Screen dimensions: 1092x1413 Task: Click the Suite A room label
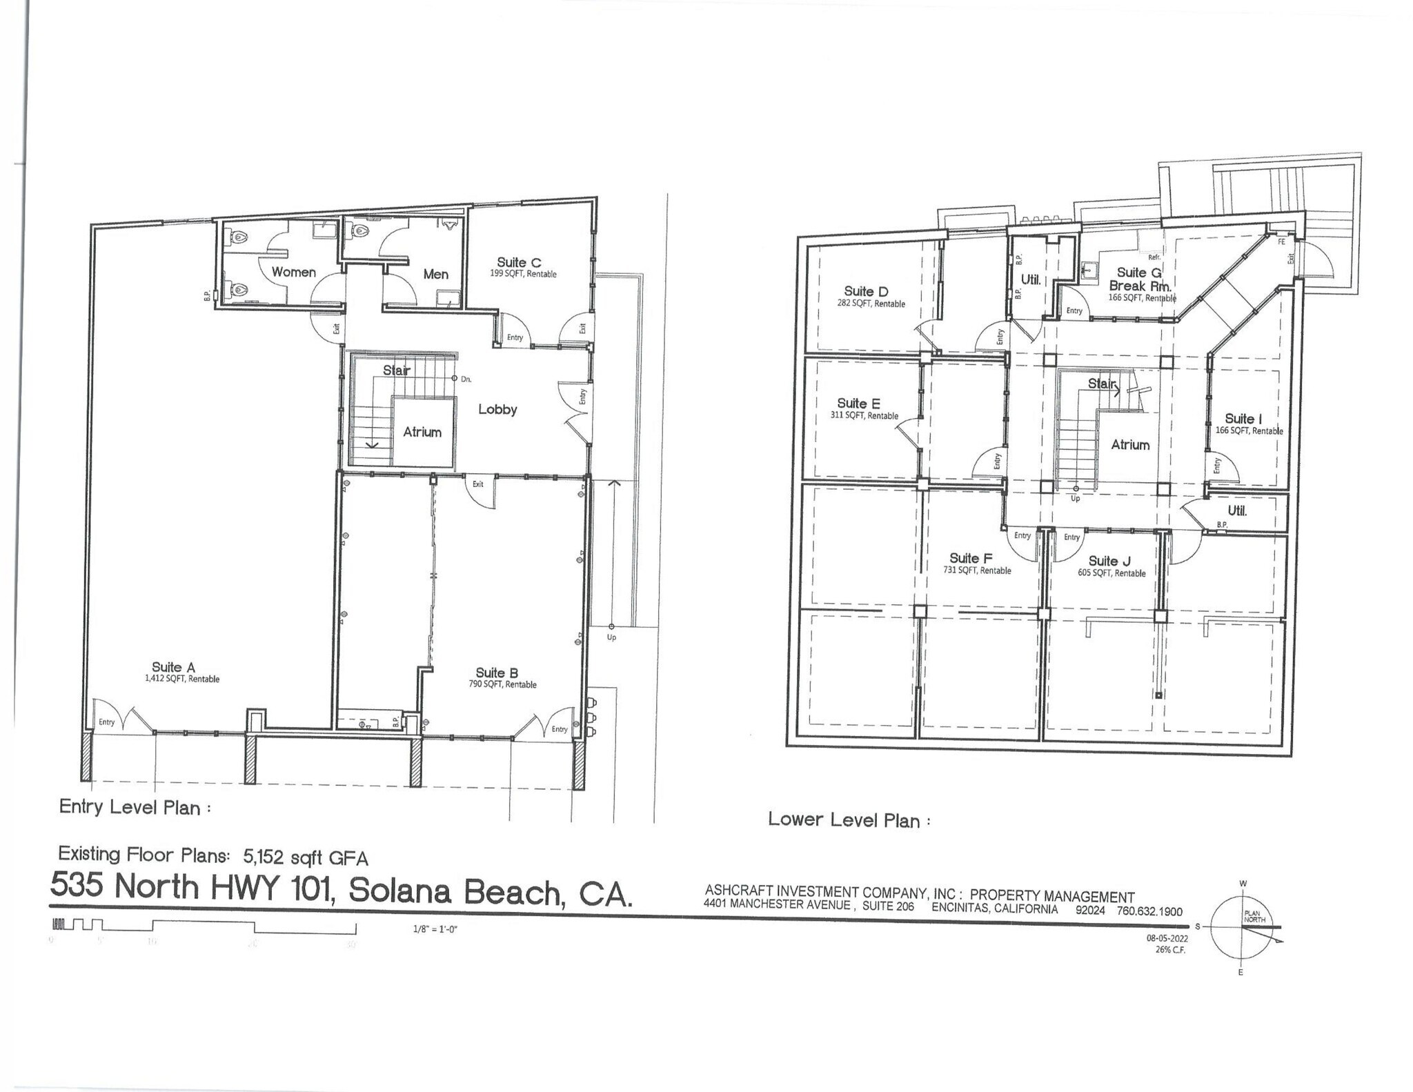[x=173, y=667]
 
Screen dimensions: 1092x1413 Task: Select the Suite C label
[x=519, y=262]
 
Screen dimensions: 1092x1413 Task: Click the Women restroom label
[x=293, y=272]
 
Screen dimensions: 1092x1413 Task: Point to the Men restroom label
[x=435, y=274]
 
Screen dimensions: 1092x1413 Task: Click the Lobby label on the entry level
[x=497, y=409]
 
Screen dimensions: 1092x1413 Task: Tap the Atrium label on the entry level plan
[x=422, y=432]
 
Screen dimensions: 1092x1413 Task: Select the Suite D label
[x=866, y=291]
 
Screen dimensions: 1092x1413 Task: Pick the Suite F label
[x=971, y=558]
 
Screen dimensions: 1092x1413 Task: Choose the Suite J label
[x=1109, y=561]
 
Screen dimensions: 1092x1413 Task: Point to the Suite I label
[x=1243, y=419]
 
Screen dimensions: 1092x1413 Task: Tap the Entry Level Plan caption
[x=130, y=807]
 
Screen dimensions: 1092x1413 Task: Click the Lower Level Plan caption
[x=844, y=820]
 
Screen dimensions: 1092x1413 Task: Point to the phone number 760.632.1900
[x=1146, y=911]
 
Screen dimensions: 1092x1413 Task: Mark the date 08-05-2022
[x=1167, y=938]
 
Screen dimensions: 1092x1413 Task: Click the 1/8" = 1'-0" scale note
[x=435, y=929]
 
